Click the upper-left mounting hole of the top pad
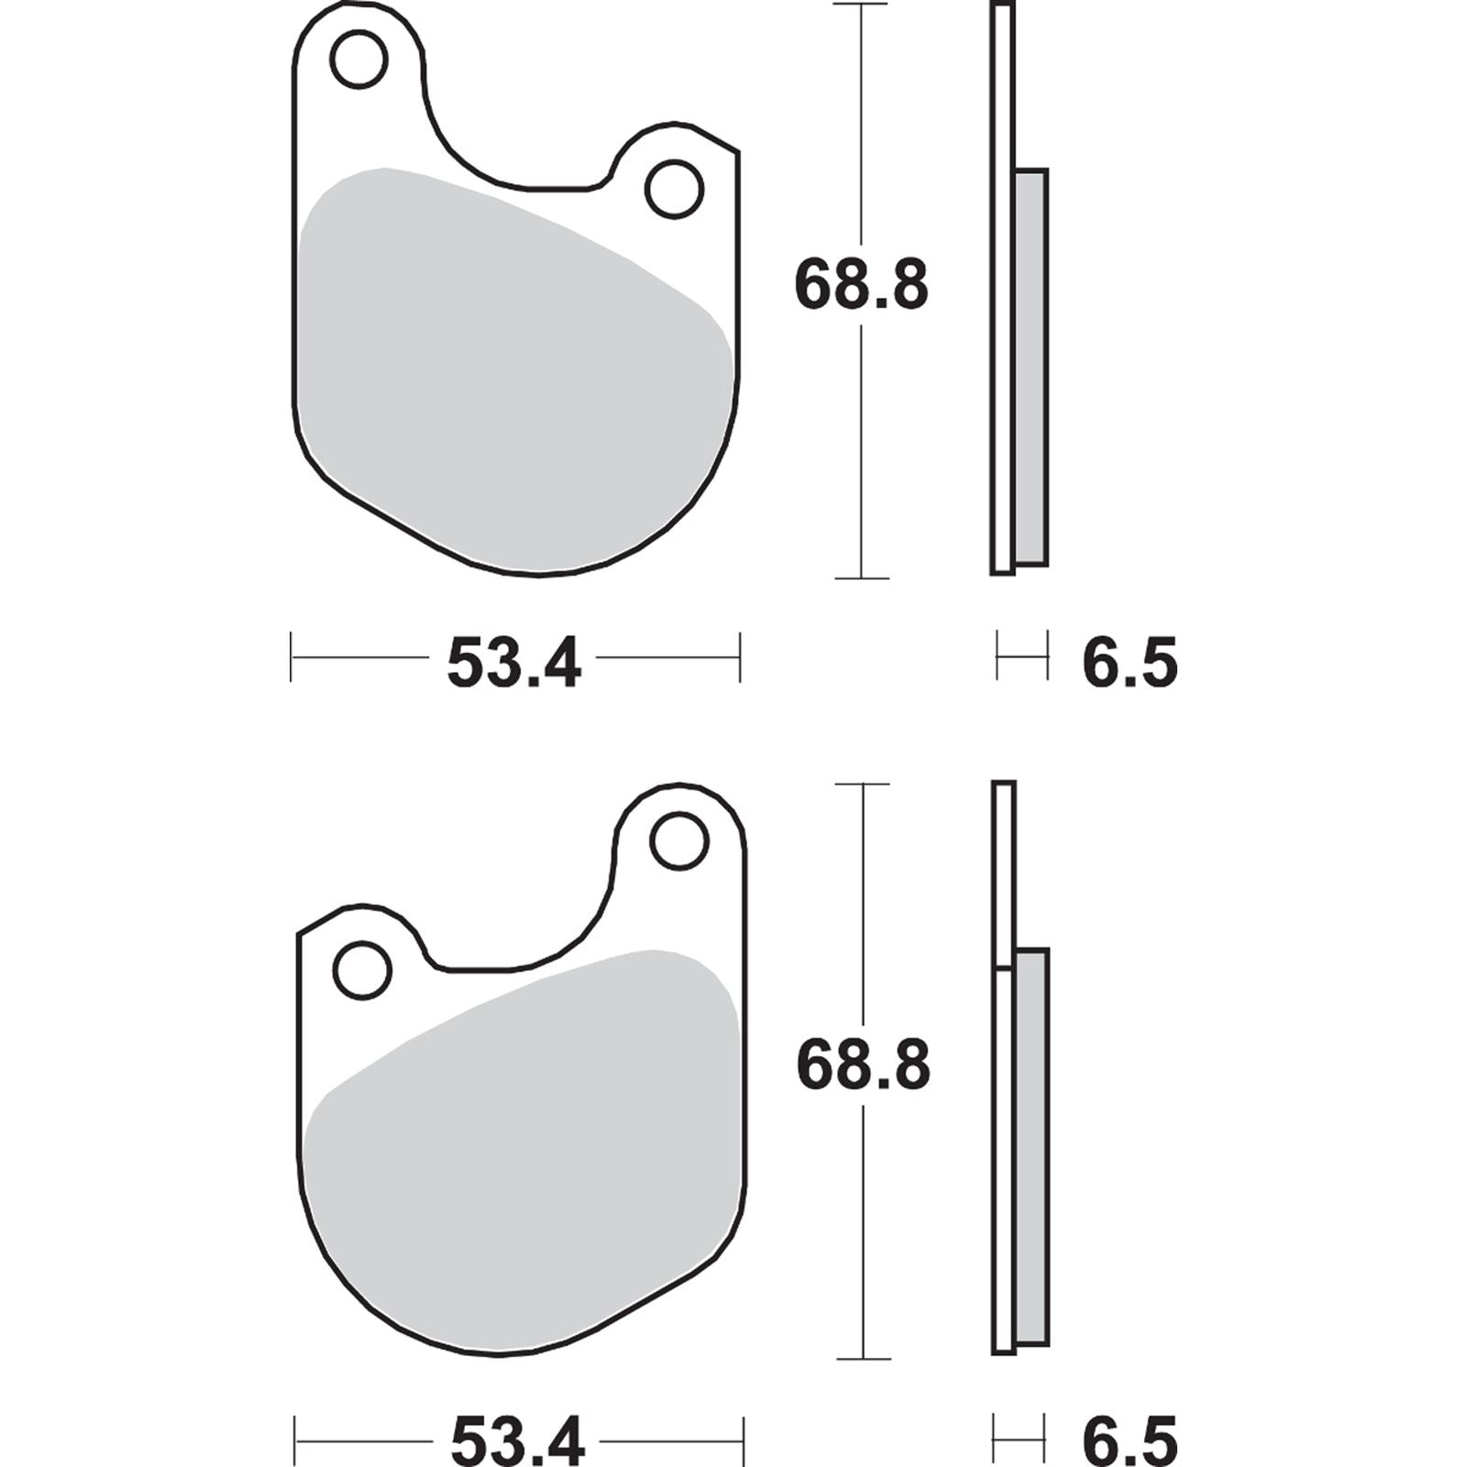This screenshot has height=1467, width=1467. (358, 60)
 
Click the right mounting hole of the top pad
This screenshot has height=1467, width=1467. (674, 189)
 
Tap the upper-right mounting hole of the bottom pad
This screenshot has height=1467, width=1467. (678, 842)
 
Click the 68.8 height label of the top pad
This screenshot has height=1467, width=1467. (861, 285)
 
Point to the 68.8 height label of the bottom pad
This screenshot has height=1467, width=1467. (863, 1065)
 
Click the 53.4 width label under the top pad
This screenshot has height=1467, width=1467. (513, 664)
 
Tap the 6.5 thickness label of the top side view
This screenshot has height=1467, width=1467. (1129, 664)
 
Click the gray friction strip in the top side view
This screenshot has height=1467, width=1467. (1031, 367)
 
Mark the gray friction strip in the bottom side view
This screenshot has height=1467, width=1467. (1031, 1146)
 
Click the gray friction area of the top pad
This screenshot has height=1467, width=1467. (513, 385)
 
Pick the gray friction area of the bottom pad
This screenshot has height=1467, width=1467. (523, 1164)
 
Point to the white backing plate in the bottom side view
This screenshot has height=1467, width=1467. (1004, 1146)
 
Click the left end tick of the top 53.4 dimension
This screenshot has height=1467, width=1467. (291, 656)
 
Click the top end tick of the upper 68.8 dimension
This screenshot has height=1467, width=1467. (861, 5)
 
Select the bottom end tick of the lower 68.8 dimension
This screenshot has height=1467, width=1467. (863, 1359)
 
